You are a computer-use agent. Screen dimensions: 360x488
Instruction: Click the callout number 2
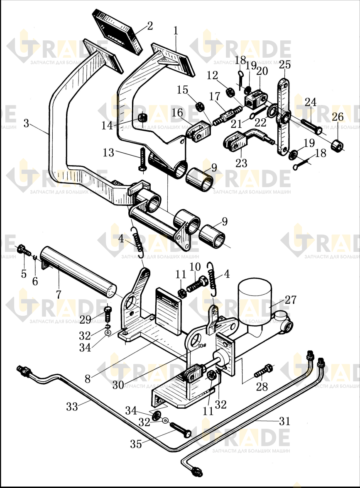click(150, 26)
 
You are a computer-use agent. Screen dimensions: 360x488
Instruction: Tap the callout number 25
click(285, 65)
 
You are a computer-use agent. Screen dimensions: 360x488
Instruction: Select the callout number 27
click(290, 300)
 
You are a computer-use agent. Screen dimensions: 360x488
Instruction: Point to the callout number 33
click(72, 406)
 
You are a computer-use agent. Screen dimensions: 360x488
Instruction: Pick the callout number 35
click(136, 444)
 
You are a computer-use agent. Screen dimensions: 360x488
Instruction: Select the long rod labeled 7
click(78, 274)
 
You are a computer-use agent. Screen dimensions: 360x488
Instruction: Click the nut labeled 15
click(200, 106)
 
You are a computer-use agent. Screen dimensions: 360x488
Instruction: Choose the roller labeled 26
click(338, 145)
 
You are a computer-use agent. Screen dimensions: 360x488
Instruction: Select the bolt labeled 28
click(264, 370)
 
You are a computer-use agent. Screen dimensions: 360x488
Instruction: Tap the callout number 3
click(26, 124)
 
